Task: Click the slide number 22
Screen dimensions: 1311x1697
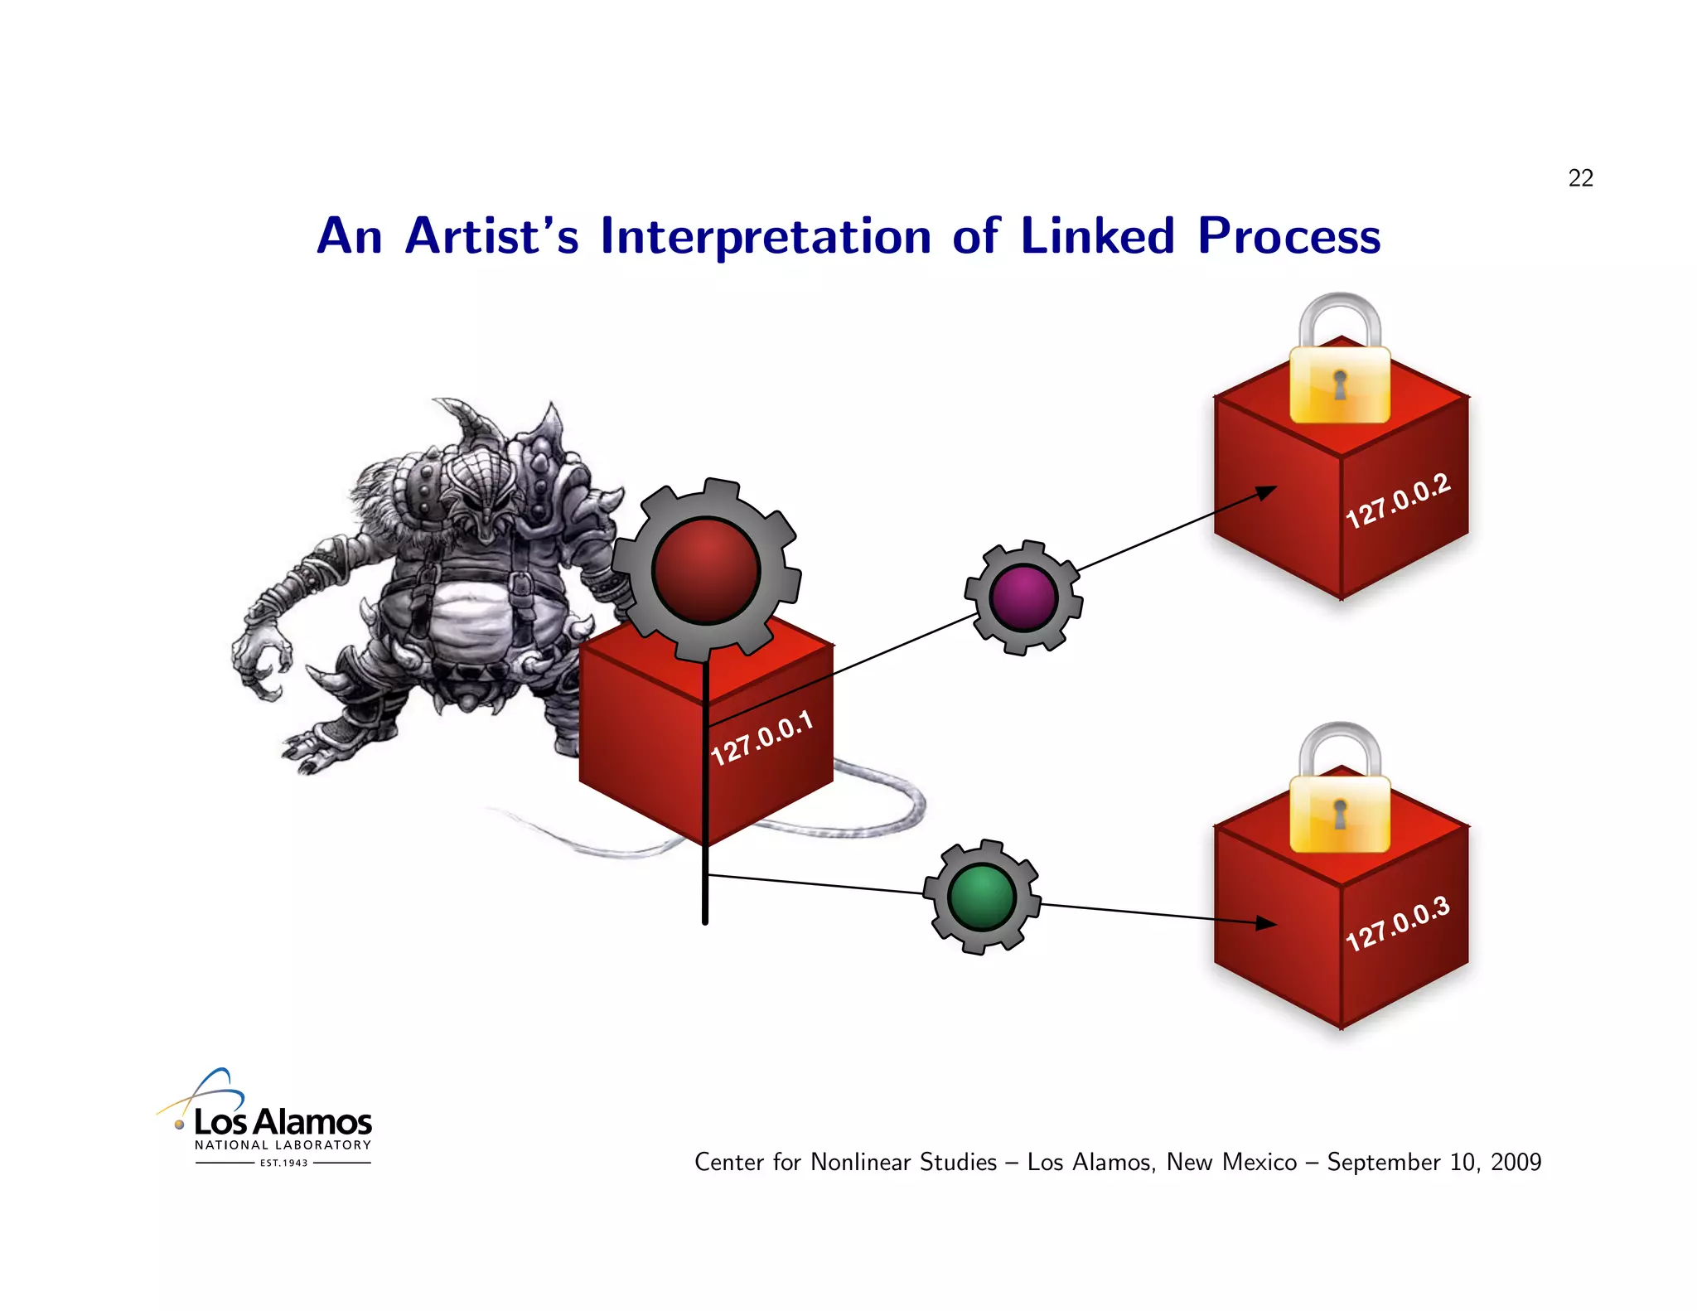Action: click(x=1580, y=178)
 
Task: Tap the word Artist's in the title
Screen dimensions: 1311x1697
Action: click(x=491, y=236)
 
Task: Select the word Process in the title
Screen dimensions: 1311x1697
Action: click(x=1288, y=236)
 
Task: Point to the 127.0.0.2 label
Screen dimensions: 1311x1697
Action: click(x=1398, y=501)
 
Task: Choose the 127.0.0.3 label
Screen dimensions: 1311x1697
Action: click(x=1398, y=923)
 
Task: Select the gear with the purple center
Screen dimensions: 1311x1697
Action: click(x=1023, y=597)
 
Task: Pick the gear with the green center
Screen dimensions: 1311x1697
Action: click(x=982, y=897)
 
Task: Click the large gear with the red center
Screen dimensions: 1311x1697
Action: click(x=706, y=570)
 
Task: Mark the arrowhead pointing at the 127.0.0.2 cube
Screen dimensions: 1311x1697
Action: click(x=1266, y=491)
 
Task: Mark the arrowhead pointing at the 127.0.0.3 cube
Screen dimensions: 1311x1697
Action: click(x=1266, y=923)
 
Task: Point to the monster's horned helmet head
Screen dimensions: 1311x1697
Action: click(x=481, y=481)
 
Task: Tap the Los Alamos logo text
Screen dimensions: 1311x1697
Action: click(x=283, y=1122)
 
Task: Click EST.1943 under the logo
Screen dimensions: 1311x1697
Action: click(x=283, y=1163)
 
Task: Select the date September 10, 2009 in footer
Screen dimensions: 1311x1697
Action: click(x=1434, y=1162)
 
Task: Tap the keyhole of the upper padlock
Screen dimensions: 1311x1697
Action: click(x=1340, y=385)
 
